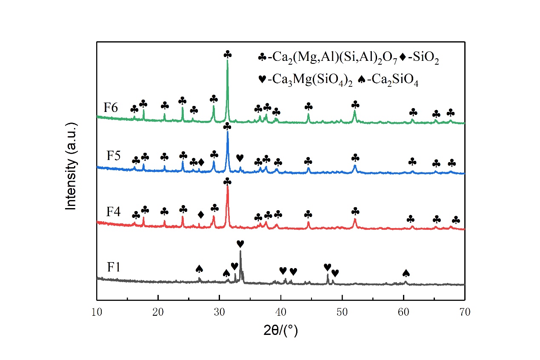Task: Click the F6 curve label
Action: point(111,106)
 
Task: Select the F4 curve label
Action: point(113,211)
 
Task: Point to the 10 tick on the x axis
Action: point(97,311)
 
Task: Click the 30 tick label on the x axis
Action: point(220,311)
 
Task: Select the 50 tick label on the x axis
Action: point(342,311)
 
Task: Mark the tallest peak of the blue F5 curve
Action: point(228,131)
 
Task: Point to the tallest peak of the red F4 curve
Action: point(228,187)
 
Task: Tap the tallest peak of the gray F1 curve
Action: point(240,251)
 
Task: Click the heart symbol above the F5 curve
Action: point(240,158)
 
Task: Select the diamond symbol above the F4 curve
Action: point(201,214)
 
